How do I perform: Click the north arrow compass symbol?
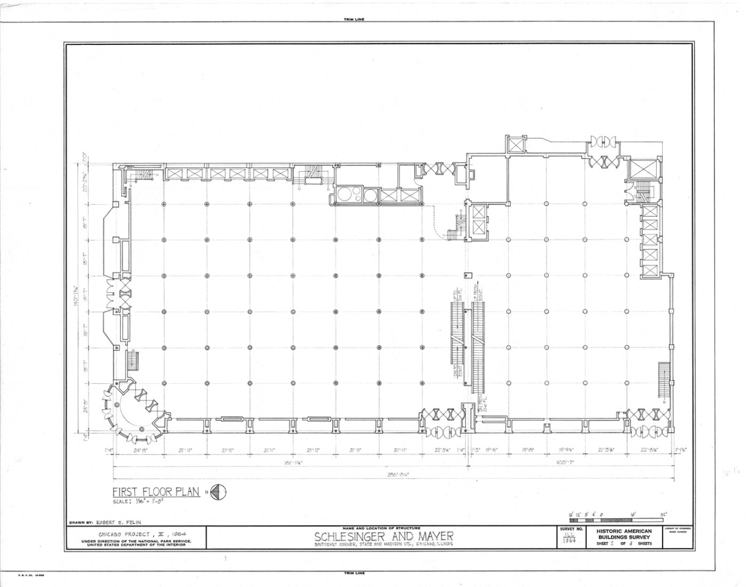(218, 492)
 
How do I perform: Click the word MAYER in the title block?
(427, 536)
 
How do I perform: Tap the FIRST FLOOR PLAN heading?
(156, 492)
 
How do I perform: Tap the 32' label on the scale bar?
(664, 515)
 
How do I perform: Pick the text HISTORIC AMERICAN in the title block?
(624, 532)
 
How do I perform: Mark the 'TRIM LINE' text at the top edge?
(354, 20)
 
